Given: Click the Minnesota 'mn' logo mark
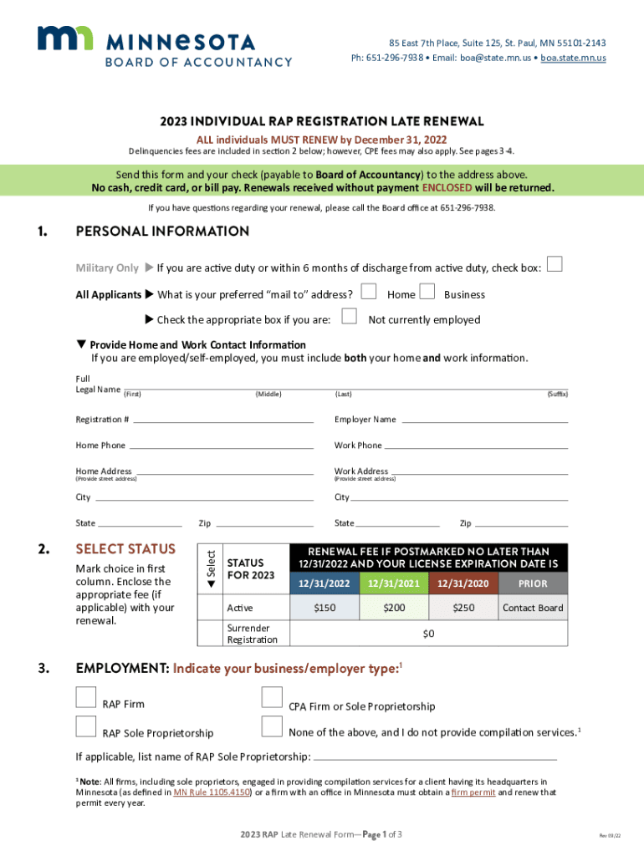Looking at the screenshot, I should point(64,38).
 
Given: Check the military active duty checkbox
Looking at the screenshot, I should point(553,264).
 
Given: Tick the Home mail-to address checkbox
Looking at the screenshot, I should point(368,292).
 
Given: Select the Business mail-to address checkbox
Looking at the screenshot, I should point(427,292).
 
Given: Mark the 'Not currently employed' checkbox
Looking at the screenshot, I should point(350,317).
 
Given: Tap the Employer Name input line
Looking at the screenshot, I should point(483,420).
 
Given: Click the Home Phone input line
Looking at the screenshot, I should point(221,446).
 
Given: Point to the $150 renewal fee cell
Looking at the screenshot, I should point(325,608).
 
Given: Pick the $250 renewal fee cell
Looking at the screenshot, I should point(463,608).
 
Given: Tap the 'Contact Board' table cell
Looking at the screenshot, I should point(533,608).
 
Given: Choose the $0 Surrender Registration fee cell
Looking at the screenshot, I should point(428,634).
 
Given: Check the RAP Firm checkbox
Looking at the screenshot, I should point(86,698).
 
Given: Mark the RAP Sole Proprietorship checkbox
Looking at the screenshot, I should point(86,726).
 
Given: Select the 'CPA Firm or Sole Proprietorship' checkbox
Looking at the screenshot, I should point(272,698).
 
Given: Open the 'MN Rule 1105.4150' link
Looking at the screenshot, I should point(212,792).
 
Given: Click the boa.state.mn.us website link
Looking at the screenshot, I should point(573,58).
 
